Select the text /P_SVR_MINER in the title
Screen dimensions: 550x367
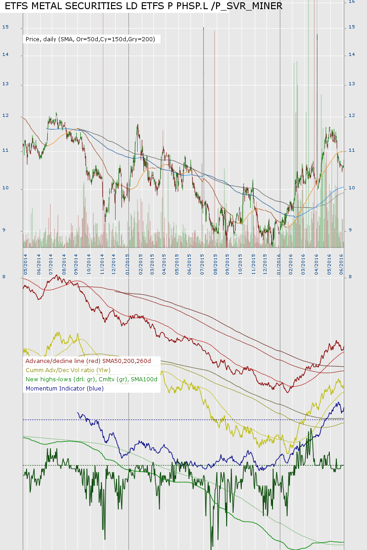click(x=248, y=6)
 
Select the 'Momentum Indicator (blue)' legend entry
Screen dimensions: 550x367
click(x=65, y=388)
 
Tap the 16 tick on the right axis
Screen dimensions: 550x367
click(x=352, y=2)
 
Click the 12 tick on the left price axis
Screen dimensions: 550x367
click(x=6, y=115)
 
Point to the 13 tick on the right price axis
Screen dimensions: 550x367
click(x=352, y=84)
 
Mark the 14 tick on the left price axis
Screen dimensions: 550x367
click(x=6, y=55)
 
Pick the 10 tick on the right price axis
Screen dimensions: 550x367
click(x=352, y=188)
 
